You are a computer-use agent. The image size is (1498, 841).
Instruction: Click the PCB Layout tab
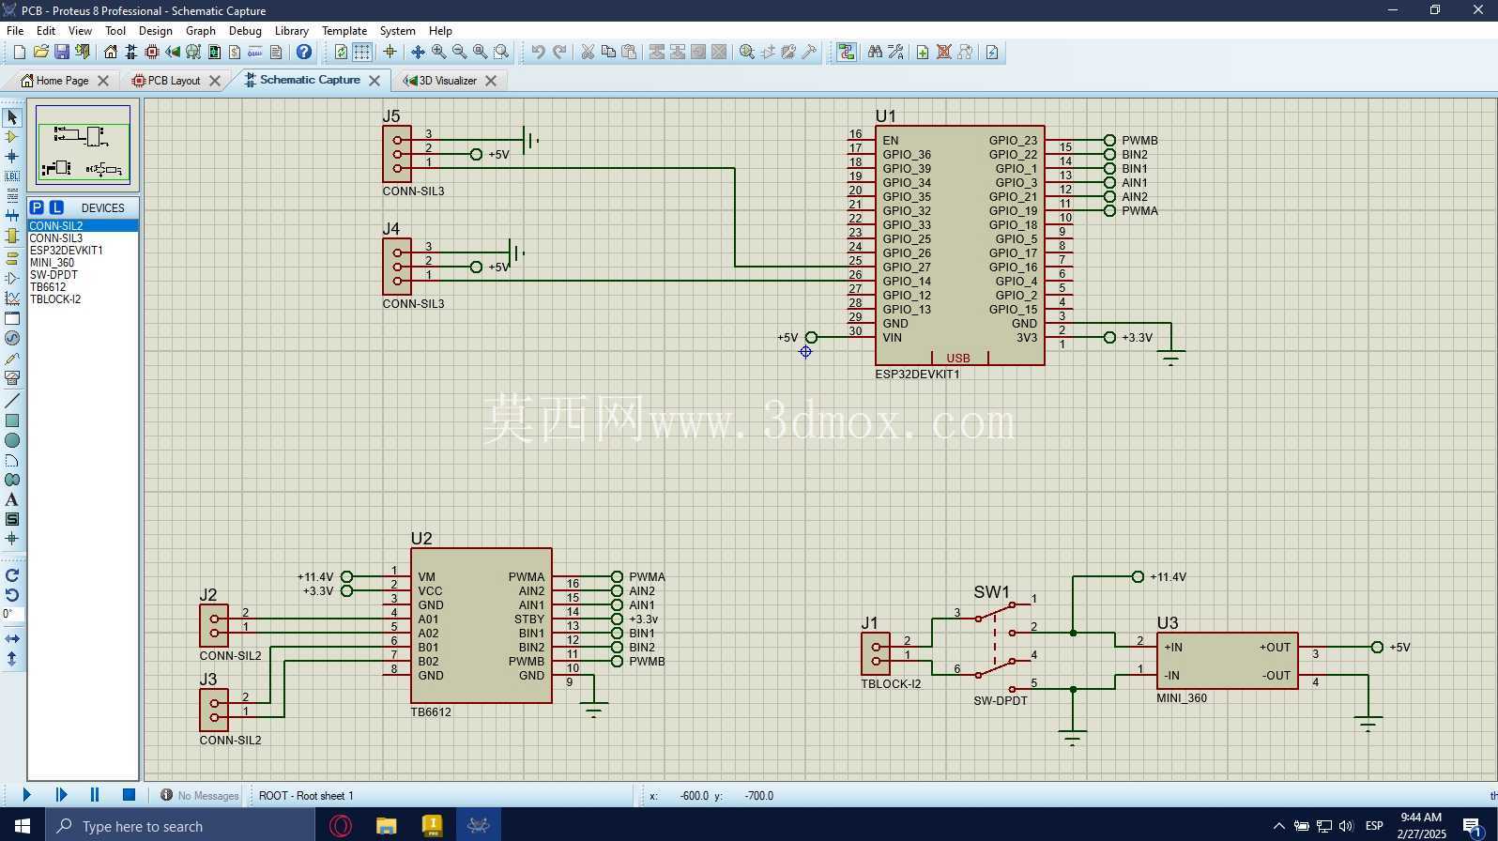coord(174,80)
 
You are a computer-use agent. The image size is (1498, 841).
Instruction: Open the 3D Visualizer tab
coord(448,80)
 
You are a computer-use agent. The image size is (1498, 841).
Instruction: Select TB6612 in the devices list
coord(48,287)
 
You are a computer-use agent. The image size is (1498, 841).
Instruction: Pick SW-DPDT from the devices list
coord(53,275)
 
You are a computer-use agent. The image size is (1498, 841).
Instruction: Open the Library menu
coord(292,31)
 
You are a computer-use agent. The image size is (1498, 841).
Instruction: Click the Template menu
coord(344,31)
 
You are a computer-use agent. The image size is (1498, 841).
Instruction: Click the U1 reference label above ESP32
coord(885,115)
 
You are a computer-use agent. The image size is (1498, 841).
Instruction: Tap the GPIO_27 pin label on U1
coord(906,267)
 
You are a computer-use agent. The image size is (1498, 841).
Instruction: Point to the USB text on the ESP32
coord(958,358)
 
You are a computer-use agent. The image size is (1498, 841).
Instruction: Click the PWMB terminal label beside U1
coord(1139,141)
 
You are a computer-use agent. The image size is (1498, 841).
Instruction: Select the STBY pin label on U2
coord(529,619)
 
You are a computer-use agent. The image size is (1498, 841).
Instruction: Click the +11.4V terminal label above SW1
coord(1168,577)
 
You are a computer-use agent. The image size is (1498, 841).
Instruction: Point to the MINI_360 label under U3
coord(1182,698)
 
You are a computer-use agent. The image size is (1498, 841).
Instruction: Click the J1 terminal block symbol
coord(876,654)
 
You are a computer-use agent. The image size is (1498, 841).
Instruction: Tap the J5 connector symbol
coord(397,154)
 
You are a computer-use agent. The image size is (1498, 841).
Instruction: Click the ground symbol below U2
coord(594,709)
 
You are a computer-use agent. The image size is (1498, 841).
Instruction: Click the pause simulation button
coord(94,794)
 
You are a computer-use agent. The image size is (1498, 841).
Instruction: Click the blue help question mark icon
coord(303,53)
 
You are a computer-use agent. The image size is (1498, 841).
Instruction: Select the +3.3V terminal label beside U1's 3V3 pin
coord(1137,338)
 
